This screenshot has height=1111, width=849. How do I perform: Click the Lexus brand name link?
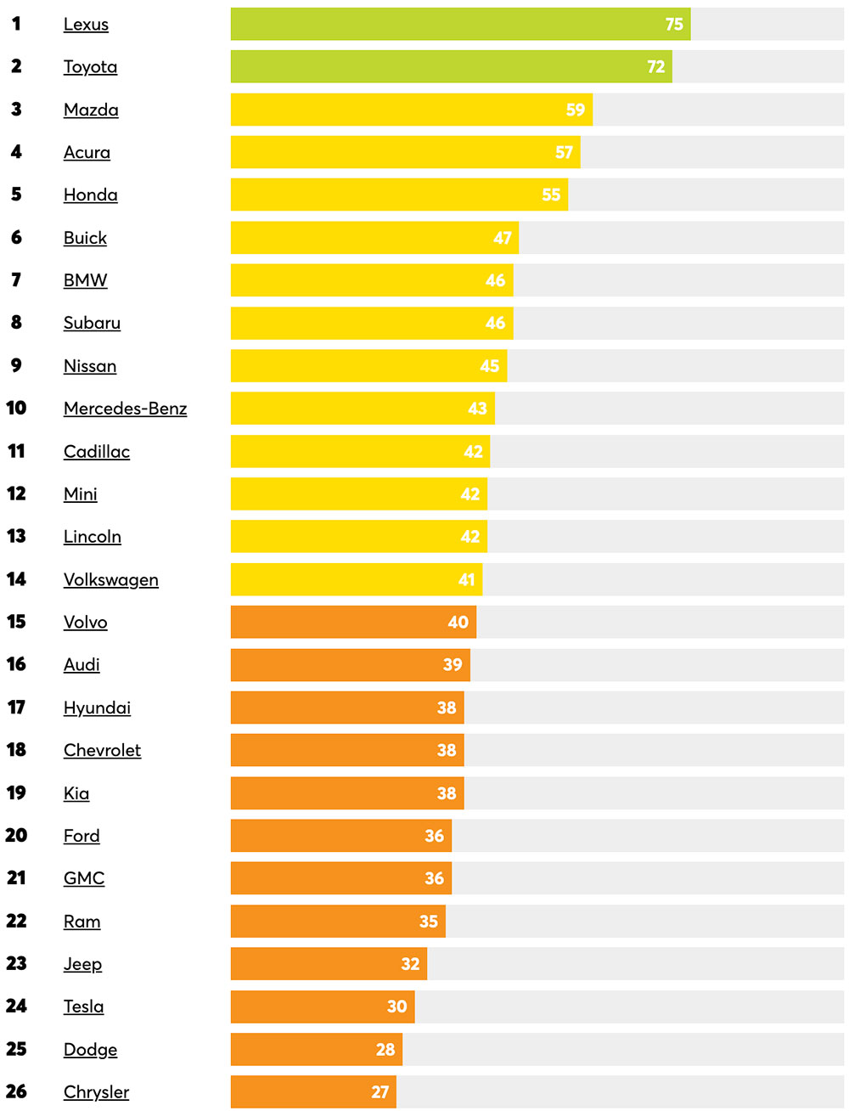tap(86, 25)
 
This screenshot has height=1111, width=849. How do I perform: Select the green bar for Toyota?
tap(450, 66)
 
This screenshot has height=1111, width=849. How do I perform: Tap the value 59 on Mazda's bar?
tap(576, 110)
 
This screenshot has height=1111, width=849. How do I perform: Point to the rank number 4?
tap(16, 152)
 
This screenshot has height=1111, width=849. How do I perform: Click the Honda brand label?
tap(90, 195)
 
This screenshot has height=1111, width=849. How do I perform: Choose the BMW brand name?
tap(85, 280)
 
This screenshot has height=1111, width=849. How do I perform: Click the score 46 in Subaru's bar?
tap(495, 323)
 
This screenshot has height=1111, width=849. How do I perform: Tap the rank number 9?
tap(16, 365)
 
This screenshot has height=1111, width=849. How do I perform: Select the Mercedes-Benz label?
tap(125, 409)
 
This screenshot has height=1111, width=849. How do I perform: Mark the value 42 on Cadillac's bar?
tap(473, 452)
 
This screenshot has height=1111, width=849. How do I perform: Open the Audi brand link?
tap(82, 664)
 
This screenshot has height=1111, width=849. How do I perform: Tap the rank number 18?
tap(16, 750)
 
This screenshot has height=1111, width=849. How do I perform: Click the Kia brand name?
tap(76, 793)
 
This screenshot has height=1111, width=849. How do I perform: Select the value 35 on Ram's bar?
tap(429, 922)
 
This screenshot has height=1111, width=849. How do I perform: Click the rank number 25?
tap(16, 1049)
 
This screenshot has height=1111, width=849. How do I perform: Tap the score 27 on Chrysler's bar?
tap(380, 1092)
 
